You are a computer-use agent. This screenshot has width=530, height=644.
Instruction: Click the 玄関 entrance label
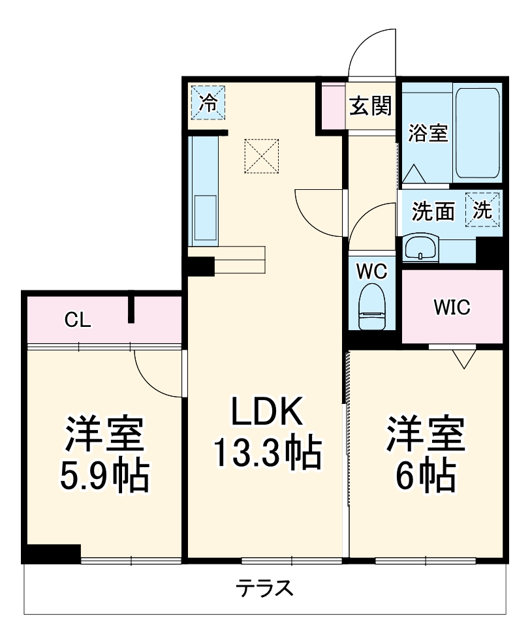369,106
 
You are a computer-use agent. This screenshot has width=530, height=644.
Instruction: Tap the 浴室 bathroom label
428,134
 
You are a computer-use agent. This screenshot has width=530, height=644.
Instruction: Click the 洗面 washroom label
433,211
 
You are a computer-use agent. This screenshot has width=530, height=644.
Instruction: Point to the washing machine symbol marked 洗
482,209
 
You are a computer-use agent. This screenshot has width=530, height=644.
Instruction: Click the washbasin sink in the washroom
419,248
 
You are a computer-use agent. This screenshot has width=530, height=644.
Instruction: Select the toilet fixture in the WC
373,307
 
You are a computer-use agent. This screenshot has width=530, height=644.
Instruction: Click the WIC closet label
452,307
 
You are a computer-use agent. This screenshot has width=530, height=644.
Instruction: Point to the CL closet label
78,320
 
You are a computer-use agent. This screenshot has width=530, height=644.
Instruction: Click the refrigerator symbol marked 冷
208,103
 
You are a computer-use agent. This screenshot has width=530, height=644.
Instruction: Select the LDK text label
266,414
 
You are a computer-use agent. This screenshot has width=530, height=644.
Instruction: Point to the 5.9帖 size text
103,477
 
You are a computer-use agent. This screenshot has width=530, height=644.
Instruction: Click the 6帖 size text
425,477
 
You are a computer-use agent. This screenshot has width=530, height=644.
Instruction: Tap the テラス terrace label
264,589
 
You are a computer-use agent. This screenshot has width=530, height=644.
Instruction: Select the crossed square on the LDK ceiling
262,156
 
